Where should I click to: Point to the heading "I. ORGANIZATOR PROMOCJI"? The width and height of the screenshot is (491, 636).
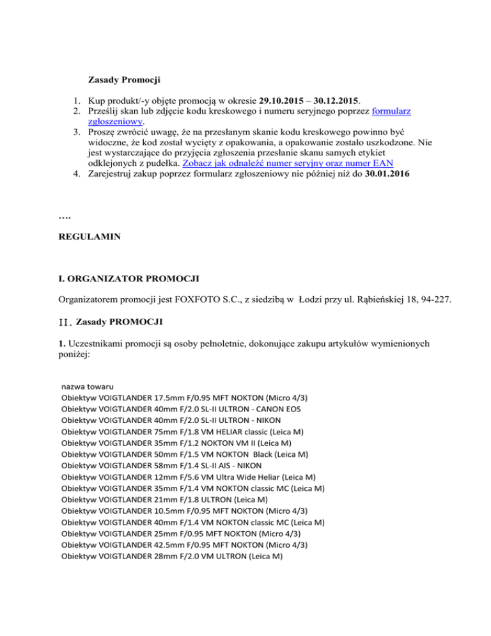129,278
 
